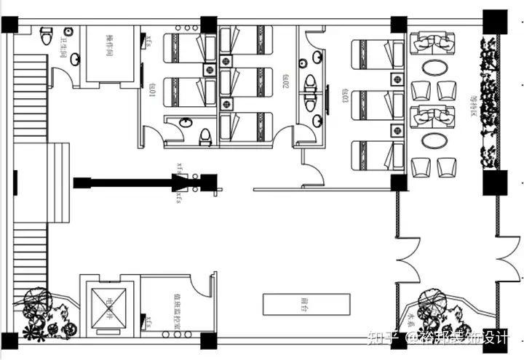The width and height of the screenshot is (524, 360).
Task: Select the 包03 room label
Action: coord(344,95)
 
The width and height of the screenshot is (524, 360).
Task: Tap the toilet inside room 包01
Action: coord(206,135)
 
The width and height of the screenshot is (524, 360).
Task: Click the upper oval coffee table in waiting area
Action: coord(434,68)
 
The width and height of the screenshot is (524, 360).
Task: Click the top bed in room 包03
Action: coord(378,55)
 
